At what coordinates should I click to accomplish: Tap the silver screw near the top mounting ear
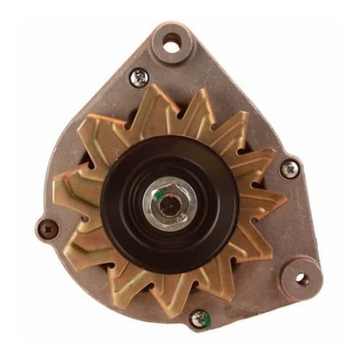tap(138, 77)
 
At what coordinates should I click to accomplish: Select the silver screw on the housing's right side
tap(289, 169)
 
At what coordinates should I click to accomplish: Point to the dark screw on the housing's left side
tap(48, 229)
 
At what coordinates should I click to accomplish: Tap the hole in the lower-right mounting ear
tap(301, 278)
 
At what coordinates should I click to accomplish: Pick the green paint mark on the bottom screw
tap(202, 314)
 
